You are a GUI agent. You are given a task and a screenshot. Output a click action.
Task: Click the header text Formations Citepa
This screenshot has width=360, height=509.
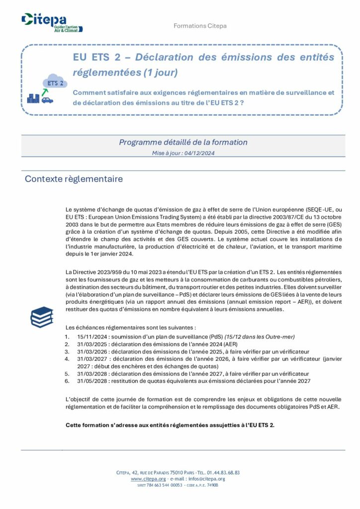point(200,26)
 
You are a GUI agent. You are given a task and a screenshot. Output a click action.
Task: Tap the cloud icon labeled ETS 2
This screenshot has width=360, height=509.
point(55,83)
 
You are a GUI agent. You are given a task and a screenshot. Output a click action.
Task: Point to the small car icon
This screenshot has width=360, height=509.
point(47,100)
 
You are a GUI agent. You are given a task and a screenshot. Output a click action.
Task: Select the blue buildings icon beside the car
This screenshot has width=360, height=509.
point(33,98)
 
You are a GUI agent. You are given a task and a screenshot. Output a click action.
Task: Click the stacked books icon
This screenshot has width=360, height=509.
point(42,317)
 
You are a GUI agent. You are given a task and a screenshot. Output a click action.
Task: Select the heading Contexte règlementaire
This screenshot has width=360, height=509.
point(74,179)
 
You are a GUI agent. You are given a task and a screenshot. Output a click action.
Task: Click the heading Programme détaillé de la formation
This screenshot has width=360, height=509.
point(183,142)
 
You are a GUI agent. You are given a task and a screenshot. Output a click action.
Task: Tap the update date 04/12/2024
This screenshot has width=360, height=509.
point(198,153)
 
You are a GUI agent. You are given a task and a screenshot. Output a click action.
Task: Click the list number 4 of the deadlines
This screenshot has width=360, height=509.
point(67,358)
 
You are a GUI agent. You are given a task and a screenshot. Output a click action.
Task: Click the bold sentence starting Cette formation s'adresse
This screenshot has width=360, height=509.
point(170,425)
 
